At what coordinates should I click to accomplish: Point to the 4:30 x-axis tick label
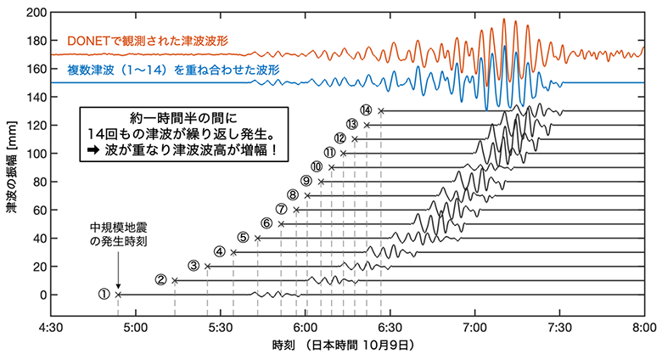coord(53,325)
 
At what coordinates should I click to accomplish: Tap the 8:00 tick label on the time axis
coord(643,325)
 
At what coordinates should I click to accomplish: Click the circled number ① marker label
coord(104,295)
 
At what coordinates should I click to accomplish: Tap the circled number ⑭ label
coord(366,110)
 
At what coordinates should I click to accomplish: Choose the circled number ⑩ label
coord(317,167)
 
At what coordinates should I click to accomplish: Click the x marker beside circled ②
coord(175,280)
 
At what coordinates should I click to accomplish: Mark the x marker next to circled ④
coord(233,252)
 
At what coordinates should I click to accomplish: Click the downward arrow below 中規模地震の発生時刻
coord(118,270)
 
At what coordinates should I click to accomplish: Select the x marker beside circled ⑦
coord(296,210)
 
